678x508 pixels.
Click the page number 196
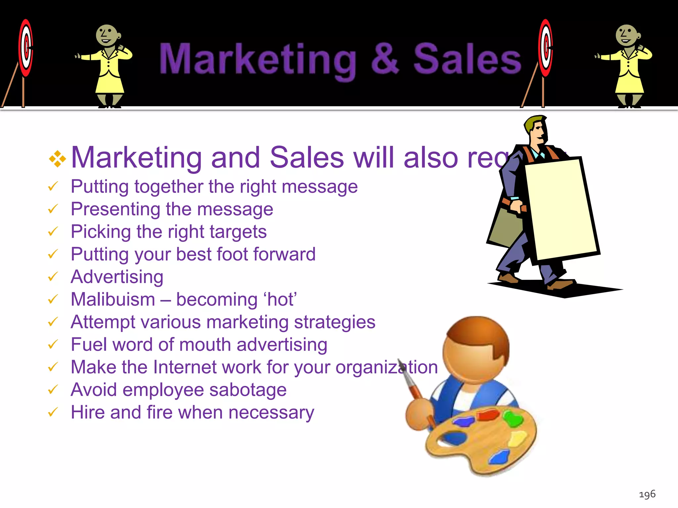[x=647, y=494]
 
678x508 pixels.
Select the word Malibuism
[x=113, y=300]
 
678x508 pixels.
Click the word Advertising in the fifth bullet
[x=117, y=277]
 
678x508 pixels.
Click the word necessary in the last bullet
[x=271, y=413]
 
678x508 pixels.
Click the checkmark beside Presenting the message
[x=53, y=209]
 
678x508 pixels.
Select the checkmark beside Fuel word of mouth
[x=53, y=345]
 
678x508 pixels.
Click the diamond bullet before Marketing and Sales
[x=57, y=159]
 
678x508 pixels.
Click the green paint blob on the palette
[x=513, y=418]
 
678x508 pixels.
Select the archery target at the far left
[x=25, y=48]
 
